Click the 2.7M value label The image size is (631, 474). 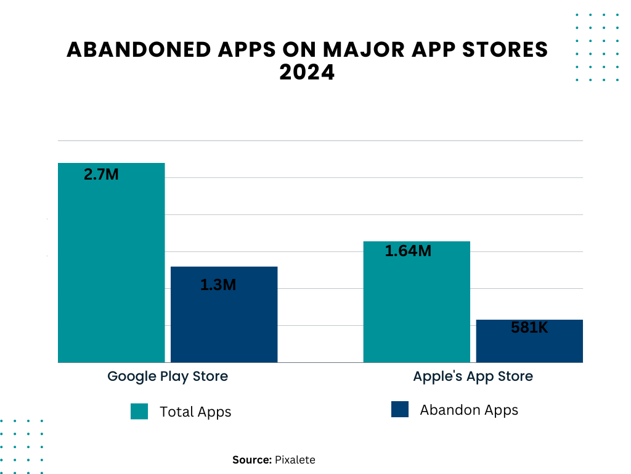[x=101, y=175]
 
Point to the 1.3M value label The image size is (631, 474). [x=218, y=285]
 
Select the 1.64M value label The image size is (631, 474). [x=408, y=251]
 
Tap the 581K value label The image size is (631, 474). [x=529, y=328]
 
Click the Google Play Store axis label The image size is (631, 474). [x=168, y=376]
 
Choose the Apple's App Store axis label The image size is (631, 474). [x=473, y=376]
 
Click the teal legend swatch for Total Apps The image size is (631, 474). [x=139, y=411]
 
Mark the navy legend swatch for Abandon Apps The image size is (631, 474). [x=400, y=409]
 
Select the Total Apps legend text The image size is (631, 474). [x=195, y=412]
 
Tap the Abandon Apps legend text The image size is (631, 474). [x=469, y=410]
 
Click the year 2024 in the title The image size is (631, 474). [x=307, y=73]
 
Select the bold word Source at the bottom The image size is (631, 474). [x=251, y=460]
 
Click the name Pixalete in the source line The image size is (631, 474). [x=295, y=460]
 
